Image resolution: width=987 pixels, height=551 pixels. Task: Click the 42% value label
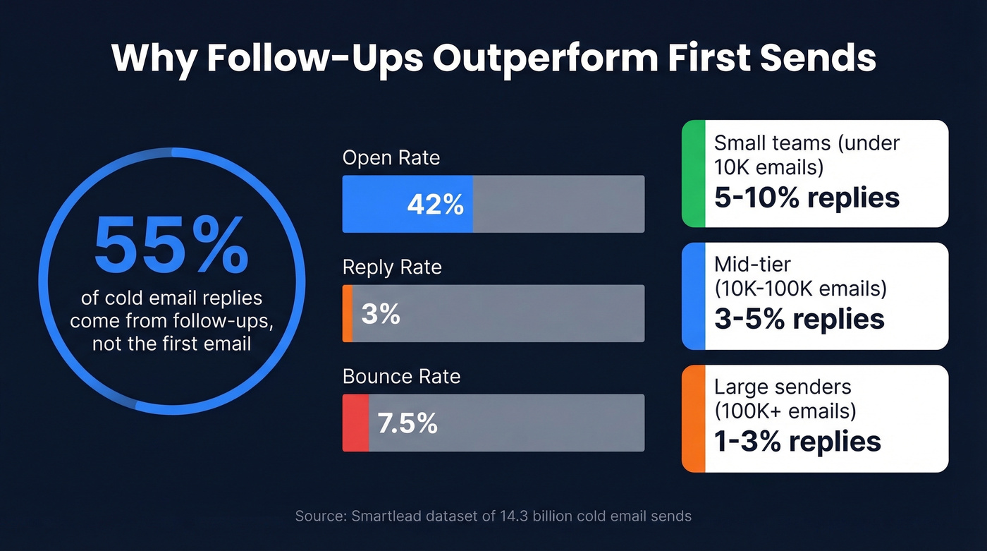pos(435,205)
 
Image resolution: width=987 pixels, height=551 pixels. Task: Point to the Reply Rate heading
pos(392,267)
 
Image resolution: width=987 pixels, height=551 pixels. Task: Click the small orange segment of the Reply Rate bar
pos(348,313)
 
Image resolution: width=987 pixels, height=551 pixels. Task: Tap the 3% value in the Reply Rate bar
pos(381,314)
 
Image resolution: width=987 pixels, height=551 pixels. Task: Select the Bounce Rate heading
pos(401,377)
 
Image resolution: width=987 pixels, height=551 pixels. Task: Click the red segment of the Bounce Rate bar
pos(355,423)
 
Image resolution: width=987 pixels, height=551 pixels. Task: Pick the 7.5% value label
pos(407,423)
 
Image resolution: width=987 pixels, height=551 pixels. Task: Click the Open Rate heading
pos(391,157)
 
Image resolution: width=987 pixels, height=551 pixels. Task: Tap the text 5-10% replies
pos(807,198)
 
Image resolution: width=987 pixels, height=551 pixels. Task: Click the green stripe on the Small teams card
pos(693,174)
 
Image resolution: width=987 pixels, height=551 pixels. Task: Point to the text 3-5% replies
pos(799,319)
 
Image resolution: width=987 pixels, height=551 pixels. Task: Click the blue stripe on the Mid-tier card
pos(693,296)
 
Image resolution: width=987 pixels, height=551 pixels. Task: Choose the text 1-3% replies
pos(797,442)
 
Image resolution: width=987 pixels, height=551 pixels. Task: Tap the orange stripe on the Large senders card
pos(693,418)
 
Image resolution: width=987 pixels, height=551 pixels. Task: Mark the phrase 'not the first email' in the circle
pos(171,344)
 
